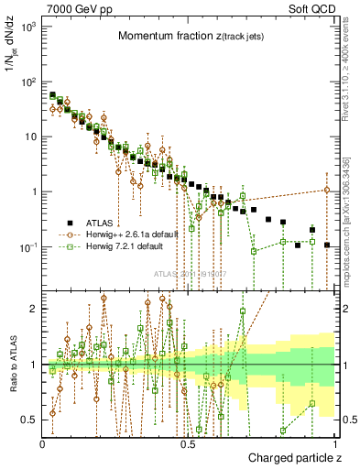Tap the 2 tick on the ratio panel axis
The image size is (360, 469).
[33, 309]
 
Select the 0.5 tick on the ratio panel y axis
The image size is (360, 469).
[29, 420]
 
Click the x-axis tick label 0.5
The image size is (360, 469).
[188, 443]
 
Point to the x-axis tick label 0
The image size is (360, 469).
[43, 443]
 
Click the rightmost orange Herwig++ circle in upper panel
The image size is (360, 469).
[327, 190]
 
